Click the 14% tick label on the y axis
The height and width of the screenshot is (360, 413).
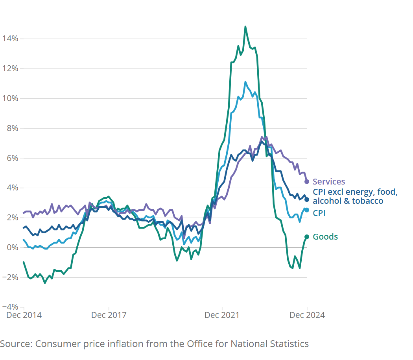coord(10,39)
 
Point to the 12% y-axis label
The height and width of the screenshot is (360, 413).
coord(10,68)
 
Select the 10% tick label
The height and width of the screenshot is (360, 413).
coord(10,98)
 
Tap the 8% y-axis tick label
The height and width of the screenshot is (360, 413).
coord(12,128)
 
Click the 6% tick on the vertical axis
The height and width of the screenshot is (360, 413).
coord(12,158)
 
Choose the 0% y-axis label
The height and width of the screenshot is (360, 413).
coord(12,247)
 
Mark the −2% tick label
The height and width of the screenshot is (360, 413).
coord(10,277)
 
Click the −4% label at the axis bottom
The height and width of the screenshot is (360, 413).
coord(10,307)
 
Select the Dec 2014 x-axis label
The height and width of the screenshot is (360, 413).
coord(24,315)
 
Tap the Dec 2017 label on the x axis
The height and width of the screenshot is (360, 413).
coord(109,315)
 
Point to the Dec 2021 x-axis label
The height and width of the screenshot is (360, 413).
coord(222,315)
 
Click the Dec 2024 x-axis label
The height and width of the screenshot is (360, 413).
coord(307,315)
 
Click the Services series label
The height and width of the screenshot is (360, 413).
coord(329,182)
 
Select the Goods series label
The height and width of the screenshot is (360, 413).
coord(325,237)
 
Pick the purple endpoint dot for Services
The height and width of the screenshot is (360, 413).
coord(307,182)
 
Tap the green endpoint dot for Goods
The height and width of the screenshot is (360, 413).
coord(307,237)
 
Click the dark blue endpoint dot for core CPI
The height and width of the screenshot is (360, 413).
coord(307,199)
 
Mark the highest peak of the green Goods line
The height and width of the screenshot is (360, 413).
coord(245,27)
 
